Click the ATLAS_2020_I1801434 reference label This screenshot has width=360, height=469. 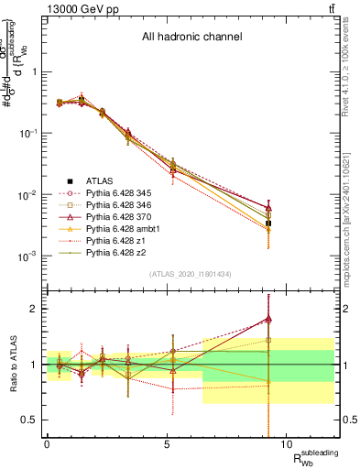pyautogui.click(x=191, y=274)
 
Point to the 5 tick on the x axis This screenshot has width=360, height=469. pyautogui.click(x=167, y=443)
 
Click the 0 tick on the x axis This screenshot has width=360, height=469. pyautogui.click(x=47, y=443)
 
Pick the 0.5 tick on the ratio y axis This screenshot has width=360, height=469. pyautogui.click(x=29, y=420)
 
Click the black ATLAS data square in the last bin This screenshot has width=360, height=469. pyautogui.click(x=268, y=224)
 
